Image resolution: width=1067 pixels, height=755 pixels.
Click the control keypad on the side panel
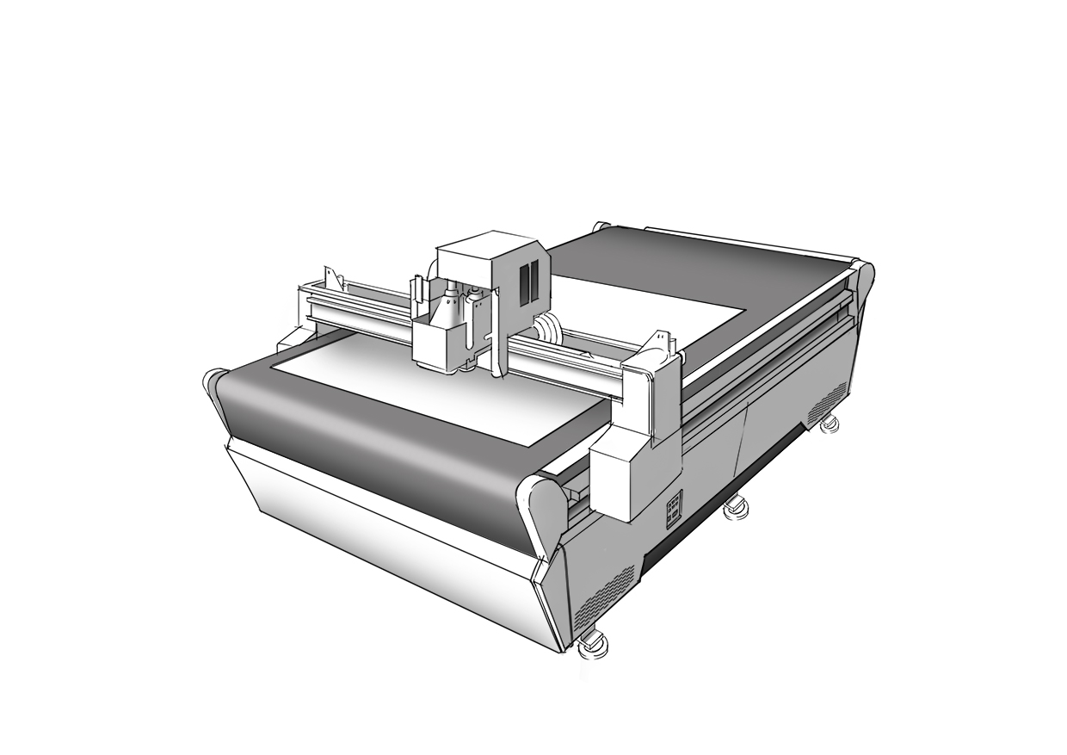click(674, 507)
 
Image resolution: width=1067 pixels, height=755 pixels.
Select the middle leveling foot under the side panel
click(735, 507)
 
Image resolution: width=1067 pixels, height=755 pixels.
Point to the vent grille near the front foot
click(604, 596)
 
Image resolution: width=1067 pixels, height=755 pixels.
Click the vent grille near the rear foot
click(827, 402)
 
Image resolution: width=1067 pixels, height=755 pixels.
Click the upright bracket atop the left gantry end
click(330, 277)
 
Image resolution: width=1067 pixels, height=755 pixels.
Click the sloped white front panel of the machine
click(387, 534)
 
